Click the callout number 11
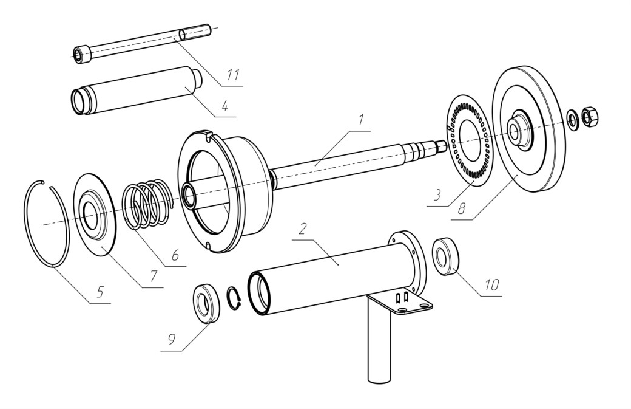[233, 75]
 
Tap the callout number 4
[224, 106]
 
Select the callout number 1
[360, 120]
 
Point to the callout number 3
[437, 196]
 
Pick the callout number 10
[491, 285]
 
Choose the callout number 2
[303, 229]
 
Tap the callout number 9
[172, 340]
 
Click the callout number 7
[153, 277]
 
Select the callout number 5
[100, 292]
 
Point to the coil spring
[148, 204]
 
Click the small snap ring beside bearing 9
[233, 298]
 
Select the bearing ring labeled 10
[445, 256]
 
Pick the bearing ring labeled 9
[207, 304]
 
